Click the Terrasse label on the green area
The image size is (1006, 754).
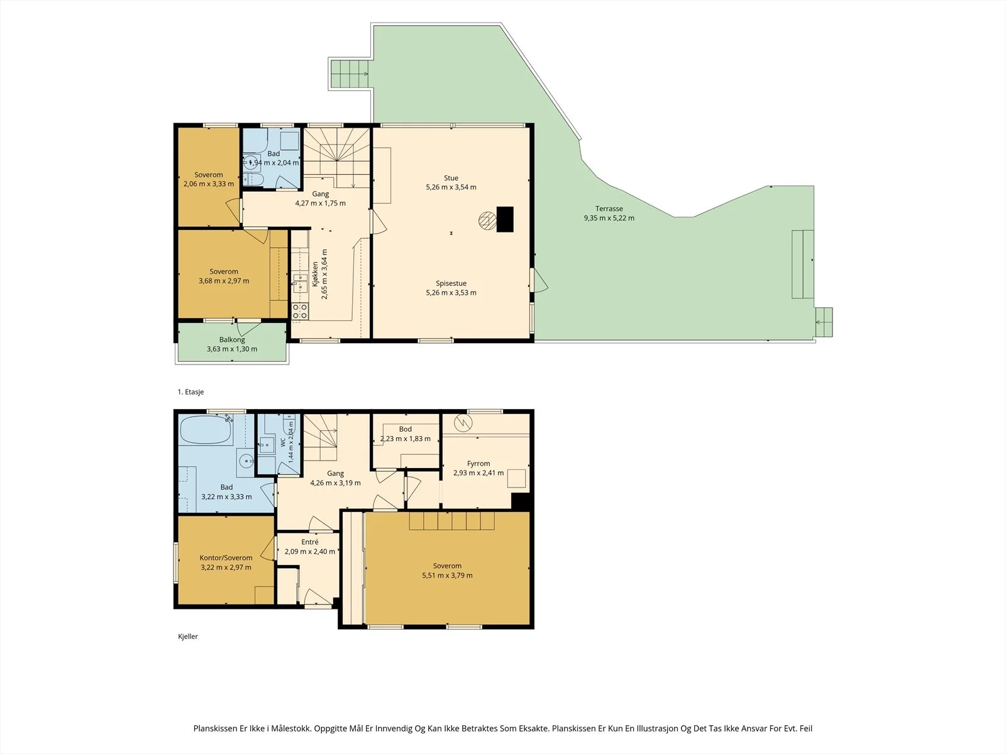609,209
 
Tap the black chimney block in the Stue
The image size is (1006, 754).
505,219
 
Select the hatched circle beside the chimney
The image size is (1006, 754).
487,220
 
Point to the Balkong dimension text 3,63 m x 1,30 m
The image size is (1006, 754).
232,349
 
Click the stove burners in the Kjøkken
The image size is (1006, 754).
300,311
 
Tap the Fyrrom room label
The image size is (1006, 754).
478,463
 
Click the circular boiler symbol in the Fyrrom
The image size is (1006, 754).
463,422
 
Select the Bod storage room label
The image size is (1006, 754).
405,429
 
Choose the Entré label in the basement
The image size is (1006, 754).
310,542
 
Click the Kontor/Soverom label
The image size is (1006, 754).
226,557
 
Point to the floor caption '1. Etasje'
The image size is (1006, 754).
191,392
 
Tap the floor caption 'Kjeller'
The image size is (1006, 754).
188,637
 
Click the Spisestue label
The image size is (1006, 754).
451,283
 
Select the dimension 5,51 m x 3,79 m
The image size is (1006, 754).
447,576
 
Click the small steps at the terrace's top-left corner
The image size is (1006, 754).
349,74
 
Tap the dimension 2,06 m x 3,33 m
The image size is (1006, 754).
209,184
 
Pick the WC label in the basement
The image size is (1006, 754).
283,442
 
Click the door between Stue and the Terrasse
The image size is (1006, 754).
538,280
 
